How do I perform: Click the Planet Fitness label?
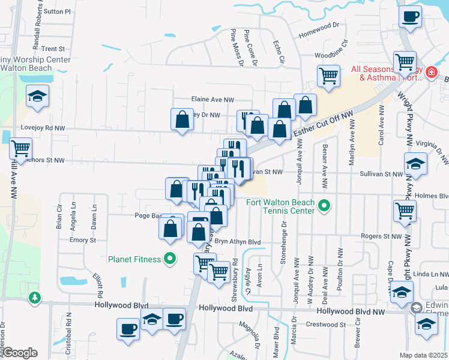(x=134, y=259)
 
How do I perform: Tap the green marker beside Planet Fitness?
(x=170, y=259)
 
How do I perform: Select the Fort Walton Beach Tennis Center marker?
(x=324, y=206)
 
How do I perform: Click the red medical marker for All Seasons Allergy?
(x=430, y=73)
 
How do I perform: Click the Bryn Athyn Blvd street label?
(x=238, y=242)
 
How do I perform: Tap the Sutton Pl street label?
(x=57, y=11)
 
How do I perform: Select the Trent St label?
(x=53, y=49)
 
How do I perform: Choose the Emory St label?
(x=83, y=240)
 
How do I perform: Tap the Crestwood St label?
(x=326, y=325)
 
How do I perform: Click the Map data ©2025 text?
(x=424, y=355)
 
